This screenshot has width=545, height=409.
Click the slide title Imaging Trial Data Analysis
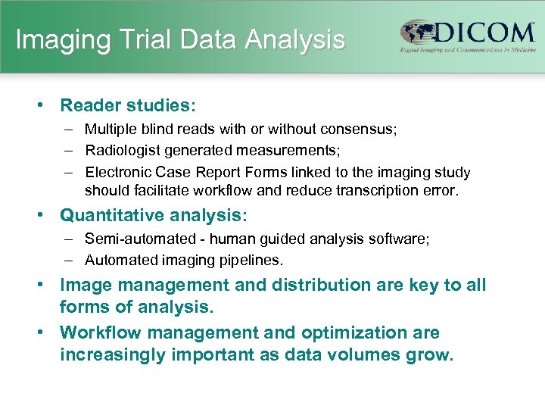click(x=180, y=39)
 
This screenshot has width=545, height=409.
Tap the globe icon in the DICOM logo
click(x=416, y=34)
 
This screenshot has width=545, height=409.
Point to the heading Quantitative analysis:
click(x=154, y=216)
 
